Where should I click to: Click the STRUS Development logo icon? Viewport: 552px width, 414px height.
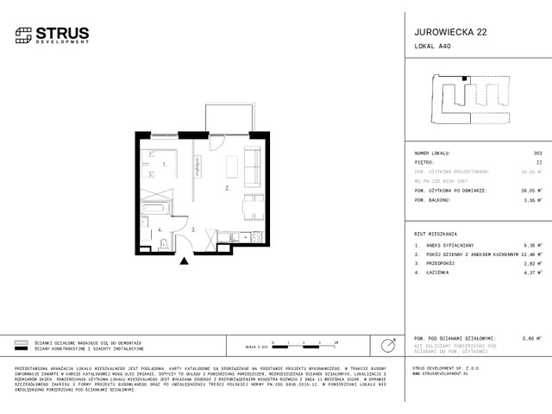pyautogui.click(x=23, y=34)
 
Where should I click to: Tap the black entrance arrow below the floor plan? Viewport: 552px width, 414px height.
pyautogui.click(x=183, y=261)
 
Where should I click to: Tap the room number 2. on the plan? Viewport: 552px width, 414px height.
pyautogui.click(x=204, y=187)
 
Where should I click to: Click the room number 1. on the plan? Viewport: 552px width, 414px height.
pyautogui.click(x=163, y=163)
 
